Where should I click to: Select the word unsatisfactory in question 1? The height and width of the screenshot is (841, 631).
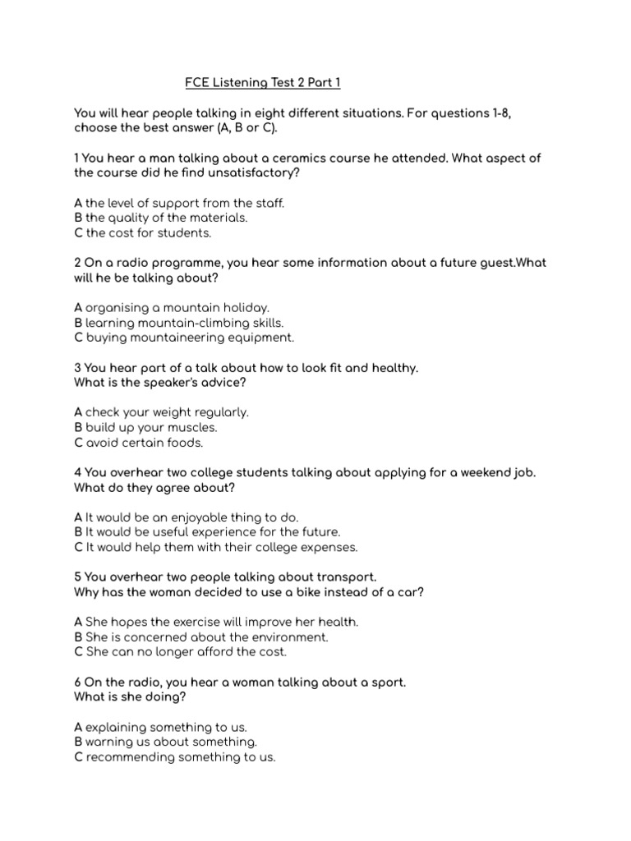(260, 172)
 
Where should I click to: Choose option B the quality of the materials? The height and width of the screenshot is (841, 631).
(160, 218)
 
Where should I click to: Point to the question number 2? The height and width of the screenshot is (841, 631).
(77, 263)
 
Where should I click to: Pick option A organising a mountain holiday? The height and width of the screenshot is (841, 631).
(171, 308)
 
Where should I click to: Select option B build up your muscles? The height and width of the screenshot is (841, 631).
(146, 428)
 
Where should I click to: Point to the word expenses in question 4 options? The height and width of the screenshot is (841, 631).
(331, 547)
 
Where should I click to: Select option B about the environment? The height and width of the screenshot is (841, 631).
(200, 637)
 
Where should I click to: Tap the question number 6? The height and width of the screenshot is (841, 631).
(77, 682)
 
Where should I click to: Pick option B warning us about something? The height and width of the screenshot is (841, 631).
(159, 742)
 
